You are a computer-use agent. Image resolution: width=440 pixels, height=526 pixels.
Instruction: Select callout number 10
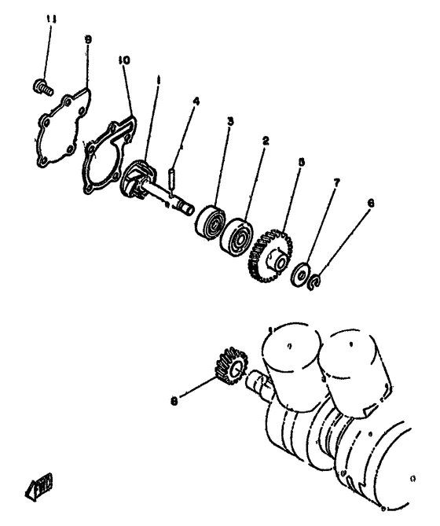(x=123, y=59)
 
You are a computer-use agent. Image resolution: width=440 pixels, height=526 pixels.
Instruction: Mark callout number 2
(x=266, y=142)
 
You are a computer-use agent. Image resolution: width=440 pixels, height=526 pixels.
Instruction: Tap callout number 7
(x=336, y=182)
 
